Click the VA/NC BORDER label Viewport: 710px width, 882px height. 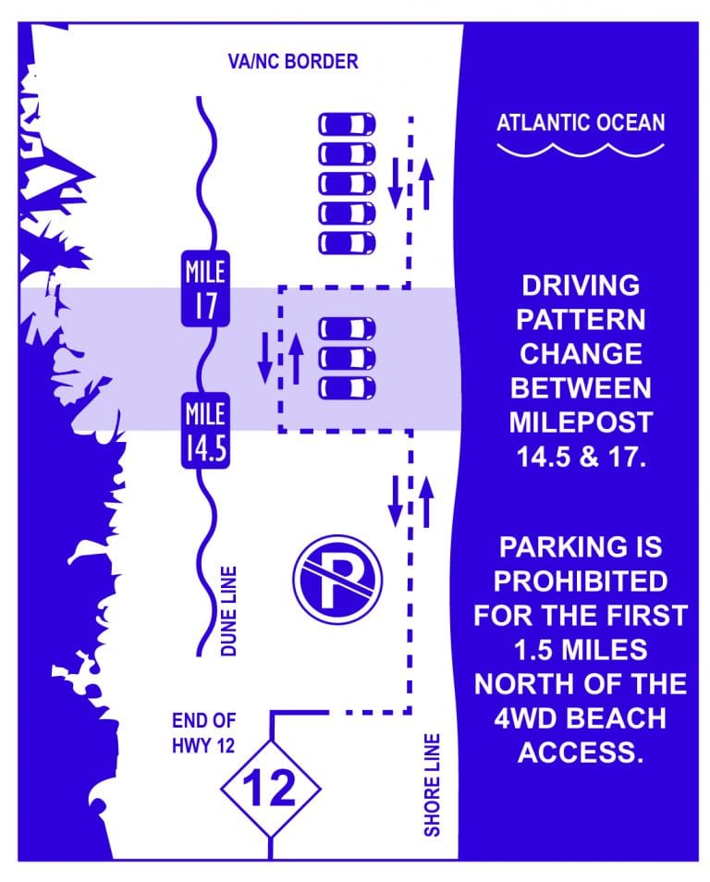point(293,62)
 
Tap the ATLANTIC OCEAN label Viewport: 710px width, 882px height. point(581,123)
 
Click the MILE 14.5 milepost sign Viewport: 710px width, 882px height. point(205,432)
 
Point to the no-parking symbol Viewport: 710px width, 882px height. point(337,581)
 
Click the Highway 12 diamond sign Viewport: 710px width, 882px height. point(270,789)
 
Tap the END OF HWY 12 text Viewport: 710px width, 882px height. point(203,731)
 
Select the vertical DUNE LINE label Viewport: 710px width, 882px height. point(228,612)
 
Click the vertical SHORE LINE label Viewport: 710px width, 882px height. point(432,786)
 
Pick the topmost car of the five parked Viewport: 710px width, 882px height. point(348,124)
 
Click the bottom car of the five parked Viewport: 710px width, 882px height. point(348,243)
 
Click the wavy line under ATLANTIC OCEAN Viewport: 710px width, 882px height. point(580,151)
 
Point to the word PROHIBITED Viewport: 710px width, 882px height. point(581,582)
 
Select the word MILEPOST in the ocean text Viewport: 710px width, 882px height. point(581,422)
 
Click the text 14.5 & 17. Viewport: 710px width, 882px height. point(581,456)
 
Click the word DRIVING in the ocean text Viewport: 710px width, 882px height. point(581,285)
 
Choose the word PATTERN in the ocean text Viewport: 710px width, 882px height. point(581,319)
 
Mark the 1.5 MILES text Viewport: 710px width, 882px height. point(581,649)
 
